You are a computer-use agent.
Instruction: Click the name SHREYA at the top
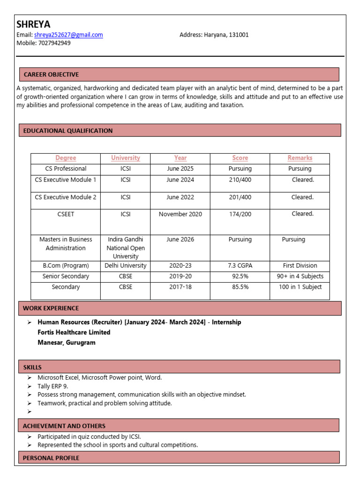point(33,24)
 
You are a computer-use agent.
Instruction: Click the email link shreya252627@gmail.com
point(68,35)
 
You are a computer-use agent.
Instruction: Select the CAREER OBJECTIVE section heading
point(51,75)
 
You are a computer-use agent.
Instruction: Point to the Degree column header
point(66,158)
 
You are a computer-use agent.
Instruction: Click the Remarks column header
point(300,158)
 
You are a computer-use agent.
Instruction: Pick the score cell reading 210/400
point(240,180)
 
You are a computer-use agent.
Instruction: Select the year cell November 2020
point(180,214)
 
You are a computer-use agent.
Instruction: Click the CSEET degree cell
point(66,214)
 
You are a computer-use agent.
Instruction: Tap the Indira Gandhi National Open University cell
point(125,248)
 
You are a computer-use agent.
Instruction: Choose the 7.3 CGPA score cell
point(240,265)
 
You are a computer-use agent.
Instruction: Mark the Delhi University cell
point(125,265)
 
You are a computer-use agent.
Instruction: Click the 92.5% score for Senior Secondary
point(240,276)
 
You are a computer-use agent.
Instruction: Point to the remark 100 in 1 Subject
point(300,287)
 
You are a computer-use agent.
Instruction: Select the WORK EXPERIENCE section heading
point(51,308)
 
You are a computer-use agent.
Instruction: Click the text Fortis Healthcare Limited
point(74,332)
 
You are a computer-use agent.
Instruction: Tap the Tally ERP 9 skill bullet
point(53,386)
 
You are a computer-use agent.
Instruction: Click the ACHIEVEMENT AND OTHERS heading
point(64,426)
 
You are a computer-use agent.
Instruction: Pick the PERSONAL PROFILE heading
point(51,457)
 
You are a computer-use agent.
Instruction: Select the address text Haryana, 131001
point(226,35)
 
